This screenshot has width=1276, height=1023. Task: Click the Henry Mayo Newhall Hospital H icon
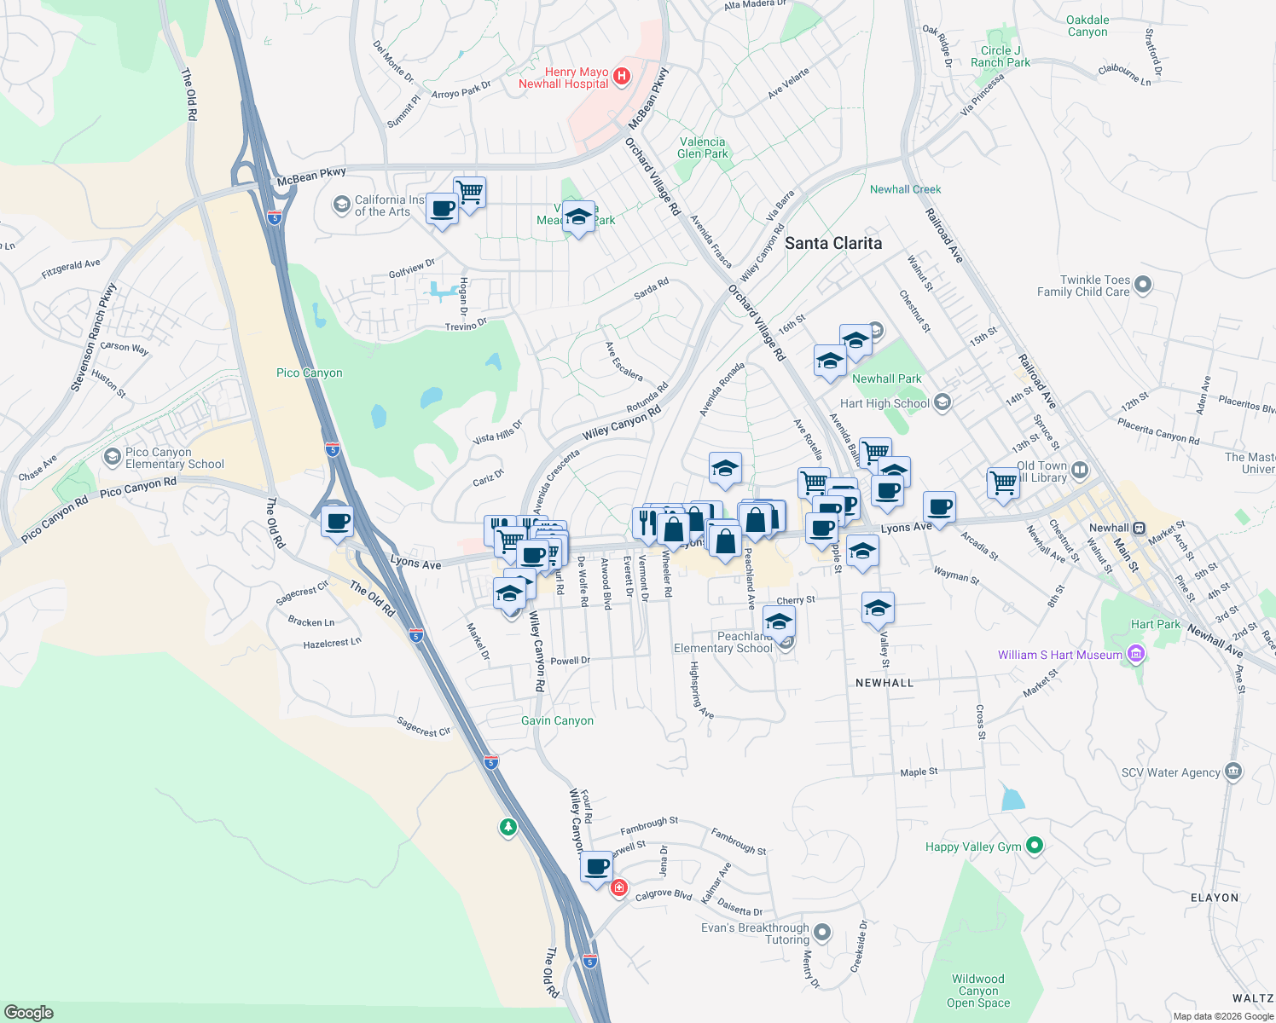tap(622, 77)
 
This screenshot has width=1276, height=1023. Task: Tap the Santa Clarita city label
tap(832, 244)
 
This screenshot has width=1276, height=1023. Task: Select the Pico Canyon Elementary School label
tap(174, 459)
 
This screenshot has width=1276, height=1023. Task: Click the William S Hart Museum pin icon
tap(1135, 655)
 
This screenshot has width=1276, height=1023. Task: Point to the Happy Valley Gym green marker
tap(1035, 846)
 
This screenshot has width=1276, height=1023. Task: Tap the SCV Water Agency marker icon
tap(1232, 772)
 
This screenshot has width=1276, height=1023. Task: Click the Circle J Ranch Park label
tap(1000, 56)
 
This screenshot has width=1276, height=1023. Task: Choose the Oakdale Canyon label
tap(1087, 26)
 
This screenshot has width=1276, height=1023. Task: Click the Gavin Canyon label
tap(557, 720)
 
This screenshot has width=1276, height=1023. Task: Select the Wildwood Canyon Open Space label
tap(977, 991)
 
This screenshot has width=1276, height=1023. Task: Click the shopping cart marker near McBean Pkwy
tap(469, 192)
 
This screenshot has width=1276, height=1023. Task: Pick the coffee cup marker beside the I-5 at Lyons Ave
tap(338, 521)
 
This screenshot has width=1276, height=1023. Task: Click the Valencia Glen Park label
tap(703, 147)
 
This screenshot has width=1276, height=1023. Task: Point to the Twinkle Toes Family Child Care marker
tap(1143, 285)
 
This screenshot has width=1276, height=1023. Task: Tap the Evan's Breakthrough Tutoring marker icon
tap(821, 932)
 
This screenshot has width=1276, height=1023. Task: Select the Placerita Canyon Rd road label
tap(1158, 431)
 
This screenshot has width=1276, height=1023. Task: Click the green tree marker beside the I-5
tap(508, 827)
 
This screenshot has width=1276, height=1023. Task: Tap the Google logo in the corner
tap(29, 1013)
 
